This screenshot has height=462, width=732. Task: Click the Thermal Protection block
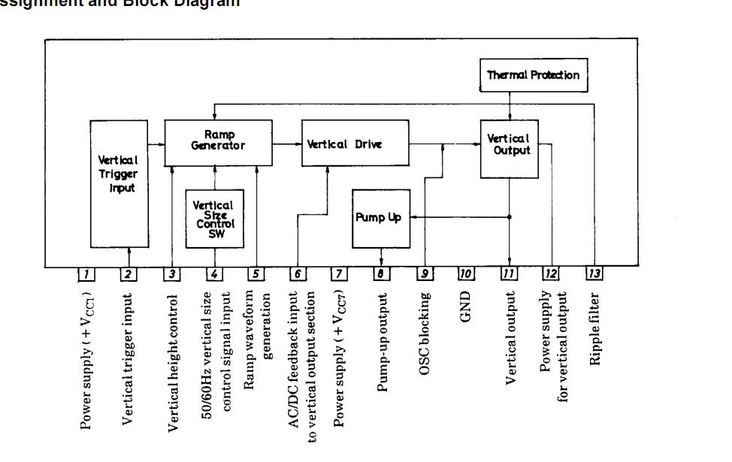(x=533, y=75)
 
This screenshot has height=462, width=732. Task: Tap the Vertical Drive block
(x=353, y=143)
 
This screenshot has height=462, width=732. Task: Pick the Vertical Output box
(x=509, y=148)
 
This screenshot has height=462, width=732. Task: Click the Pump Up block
(x=381, y=218)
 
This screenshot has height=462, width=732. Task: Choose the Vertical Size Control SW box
(x=214, y=218)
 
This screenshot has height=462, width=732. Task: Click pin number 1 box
(x=86, y=273)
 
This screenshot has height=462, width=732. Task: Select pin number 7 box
(x=339, y=273)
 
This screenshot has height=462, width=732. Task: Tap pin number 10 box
(x=466, y=273)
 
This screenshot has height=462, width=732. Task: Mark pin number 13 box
(x=594, y=273)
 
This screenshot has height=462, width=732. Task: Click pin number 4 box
(x=214, y=273)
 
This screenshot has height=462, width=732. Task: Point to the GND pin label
(x=466, y=307)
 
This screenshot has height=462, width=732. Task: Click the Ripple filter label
(x=594, y=328)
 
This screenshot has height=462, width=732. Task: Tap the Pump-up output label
(x=383, y=341)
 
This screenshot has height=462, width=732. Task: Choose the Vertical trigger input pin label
(x=129, y=359)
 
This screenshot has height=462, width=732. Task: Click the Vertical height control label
(x=173, y=363)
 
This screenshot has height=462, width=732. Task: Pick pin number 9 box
(x=425, y=273)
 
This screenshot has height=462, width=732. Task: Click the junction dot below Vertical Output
(x=510, y=217)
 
